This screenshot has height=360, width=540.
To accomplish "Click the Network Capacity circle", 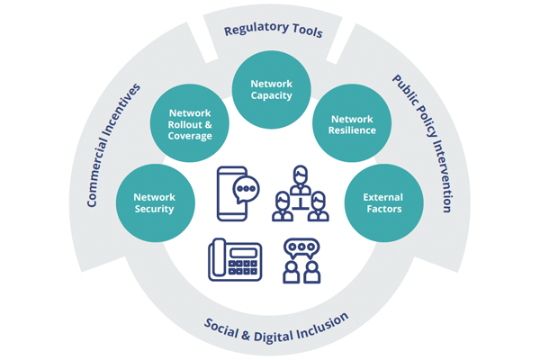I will (x=271, y=88).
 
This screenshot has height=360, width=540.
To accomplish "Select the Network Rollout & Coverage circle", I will (x=190, y=124).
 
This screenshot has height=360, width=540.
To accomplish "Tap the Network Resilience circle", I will (x=353, y=124).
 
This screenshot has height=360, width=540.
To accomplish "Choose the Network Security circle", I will (x=154, y=202).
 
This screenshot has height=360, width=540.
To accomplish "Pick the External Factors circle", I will (x=383, y=202).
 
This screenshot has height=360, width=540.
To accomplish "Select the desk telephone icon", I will (x=235, y=260).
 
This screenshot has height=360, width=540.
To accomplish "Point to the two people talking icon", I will (x=301, y=260).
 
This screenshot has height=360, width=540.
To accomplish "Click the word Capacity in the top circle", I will (x=271, y=95).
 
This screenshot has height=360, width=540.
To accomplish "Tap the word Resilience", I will (x=353, y=131).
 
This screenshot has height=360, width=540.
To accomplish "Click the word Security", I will (x=154, y=210).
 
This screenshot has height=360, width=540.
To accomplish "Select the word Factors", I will (x=383, y=210).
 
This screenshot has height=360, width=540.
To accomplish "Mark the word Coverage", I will (x=190, y=137).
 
